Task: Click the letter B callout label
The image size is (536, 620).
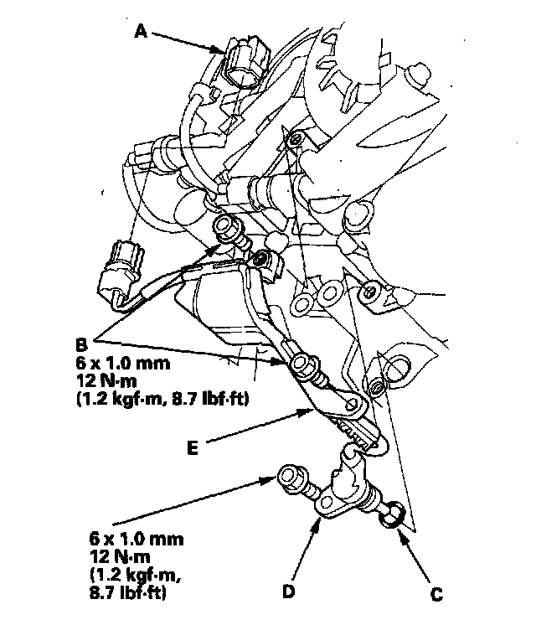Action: click(81, 344)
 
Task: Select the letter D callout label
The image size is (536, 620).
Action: click(287, 592)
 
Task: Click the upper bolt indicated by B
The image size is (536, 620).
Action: click(228, 228)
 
